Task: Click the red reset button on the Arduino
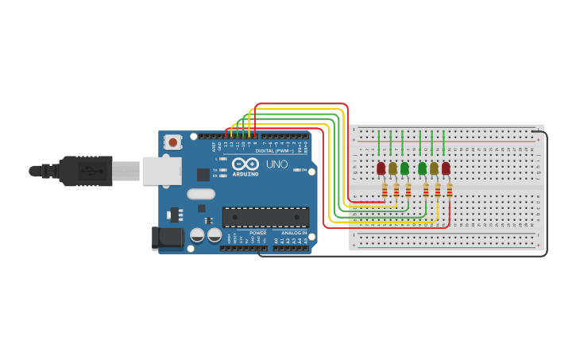tap(172, 142)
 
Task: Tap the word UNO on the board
tap(276, 164)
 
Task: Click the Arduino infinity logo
tap(245, 164)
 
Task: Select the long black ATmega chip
tap(265, 217)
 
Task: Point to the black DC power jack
tap(163, 237)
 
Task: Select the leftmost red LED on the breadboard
tap(381, 168)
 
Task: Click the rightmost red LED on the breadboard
tap(446, 168)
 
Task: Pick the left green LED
tap(404, 168)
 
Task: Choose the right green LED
tap(422, 168)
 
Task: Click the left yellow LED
tap(392, 168)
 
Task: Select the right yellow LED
tap(434, 168)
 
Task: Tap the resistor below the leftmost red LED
tap(385, 190)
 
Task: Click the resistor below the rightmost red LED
tap(450, 190)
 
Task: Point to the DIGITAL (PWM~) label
tap(274, 150)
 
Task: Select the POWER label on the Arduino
tap(257, 233)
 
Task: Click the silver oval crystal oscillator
tap(201, 193)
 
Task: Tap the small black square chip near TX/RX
tap(203, 174)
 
